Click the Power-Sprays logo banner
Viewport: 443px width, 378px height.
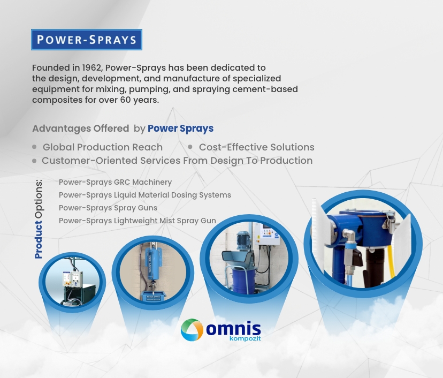(87, 40)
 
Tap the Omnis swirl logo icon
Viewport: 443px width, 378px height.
(192, 330)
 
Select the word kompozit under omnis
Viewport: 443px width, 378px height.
(245, 338)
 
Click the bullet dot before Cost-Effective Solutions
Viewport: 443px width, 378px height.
(190, 147)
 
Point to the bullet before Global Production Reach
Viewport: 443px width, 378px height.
(34, 147)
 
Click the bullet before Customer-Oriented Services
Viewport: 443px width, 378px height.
(34, 161)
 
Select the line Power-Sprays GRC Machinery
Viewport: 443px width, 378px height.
(115, 182)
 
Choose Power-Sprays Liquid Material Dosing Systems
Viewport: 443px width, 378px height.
(145, 195)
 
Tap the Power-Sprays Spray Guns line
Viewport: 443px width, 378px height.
(108, 208)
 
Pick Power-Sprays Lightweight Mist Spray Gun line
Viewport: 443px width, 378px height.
(138, 221)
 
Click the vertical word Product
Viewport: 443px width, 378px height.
(39, 240)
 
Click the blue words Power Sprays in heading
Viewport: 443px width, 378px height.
(180, 128)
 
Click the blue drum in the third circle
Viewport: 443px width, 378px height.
(243, 281)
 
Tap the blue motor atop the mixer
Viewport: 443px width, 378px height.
(243, 240)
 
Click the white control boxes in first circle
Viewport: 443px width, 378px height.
(73, 279)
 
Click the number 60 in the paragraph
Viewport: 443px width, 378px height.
(125, 100)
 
